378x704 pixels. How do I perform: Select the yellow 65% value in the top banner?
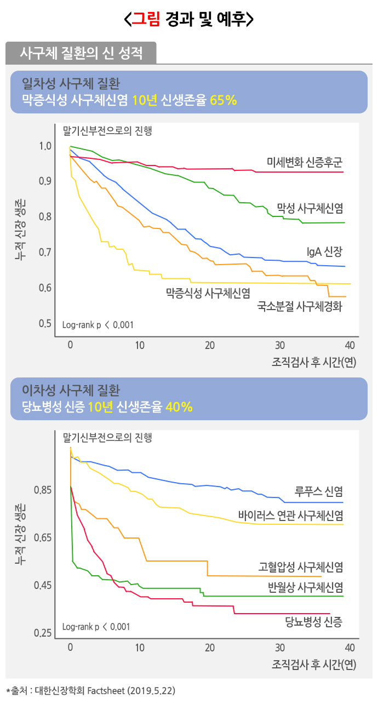click(x=223, y=100)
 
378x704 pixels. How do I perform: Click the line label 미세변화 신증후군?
click(x=305, y=162)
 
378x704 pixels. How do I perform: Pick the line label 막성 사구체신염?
click(x=310, y=208)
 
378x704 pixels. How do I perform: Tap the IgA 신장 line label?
click(x=324, y=252)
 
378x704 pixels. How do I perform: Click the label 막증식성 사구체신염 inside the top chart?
click(x=208, y=293)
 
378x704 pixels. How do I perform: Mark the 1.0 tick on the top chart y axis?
click(x=45, y=146)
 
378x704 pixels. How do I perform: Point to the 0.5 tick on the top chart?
click(x=45, y=324)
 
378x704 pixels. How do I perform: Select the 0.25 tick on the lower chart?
click(x=43, y=633)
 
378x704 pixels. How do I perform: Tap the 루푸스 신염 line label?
click(x=319, y=491)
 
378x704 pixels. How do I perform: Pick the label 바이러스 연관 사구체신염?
click(x=291, y=516)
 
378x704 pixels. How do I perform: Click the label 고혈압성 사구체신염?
click(x=301, y=566)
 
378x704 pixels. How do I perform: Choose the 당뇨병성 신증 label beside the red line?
click(x=314, y=621)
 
